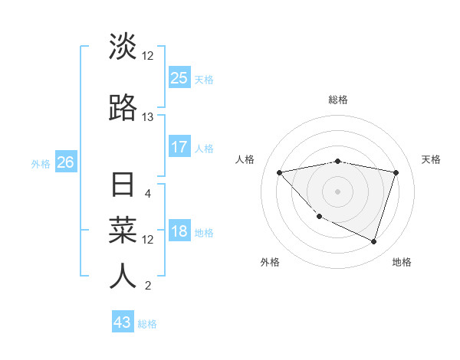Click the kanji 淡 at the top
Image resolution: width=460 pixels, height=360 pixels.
(x=123, y=47)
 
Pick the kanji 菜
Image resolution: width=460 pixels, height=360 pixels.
(x=123, y=229)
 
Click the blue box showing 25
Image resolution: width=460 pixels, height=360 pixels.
(x=179, y=78)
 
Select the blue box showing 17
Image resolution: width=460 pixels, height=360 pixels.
(x=179, y=147)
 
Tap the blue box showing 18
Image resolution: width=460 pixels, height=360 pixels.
(x=179, y=232)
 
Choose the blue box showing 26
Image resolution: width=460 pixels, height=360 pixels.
(x=65, y=162)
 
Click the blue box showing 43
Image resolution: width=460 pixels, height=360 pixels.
(x=123, y=322)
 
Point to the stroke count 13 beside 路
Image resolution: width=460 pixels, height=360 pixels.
(x=147, y=116)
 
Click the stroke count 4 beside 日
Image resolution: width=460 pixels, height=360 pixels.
(x=147, y=193)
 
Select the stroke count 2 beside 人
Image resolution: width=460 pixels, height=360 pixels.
(x=147, y=286)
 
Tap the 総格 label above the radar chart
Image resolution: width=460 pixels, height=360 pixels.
(x=338, y=100)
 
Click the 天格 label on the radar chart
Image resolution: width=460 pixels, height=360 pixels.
(x=431, y=159)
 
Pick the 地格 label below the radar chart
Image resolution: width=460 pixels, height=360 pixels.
(x=402, y=262)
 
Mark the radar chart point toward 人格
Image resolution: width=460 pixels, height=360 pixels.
(x=280, y=172)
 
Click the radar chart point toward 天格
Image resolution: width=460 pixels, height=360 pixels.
(x=396, y=172)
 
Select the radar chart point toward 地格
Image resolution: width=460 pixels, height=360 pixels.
(x=373, y=241)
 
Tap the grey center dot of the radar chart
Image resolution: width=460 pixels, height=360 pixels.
(x=338, y=191)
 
